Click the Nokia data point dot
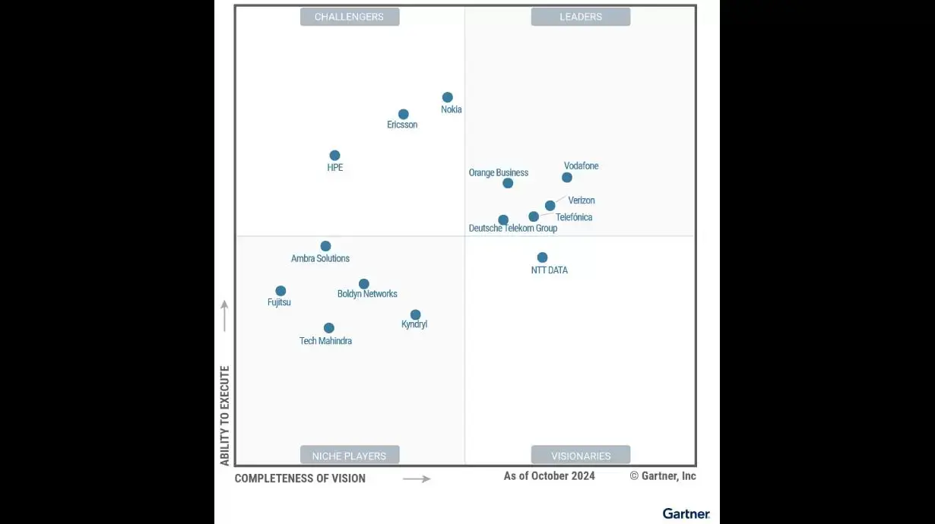(448, 97)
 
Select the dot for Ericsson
(404, 115)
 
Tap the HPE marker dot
(334, 156)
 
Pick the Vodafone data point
(567, 178)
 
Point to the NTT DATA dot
(542, 257)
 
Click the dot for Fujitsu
(280, 291)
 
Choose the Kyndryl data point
(416, 314)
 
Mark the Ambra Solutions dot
(325, 246)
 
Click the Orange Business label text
(499, 173)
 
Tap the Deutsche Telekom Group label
(513, 229)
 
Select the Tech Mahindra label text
(325, 341)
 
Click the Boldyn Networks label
(367, 294)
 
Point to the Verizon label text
(582, 200)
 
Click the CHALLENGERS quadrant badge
(350, 17)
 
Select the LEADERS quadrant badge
(581, 17)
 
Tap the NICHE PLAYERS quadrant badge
(350, 456)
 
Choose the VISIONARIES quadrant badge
(581, 456)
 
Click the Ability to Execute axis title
(225, 415)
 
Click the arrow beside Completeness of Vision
(417, 478)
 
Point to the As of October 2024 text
(549, 476)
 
